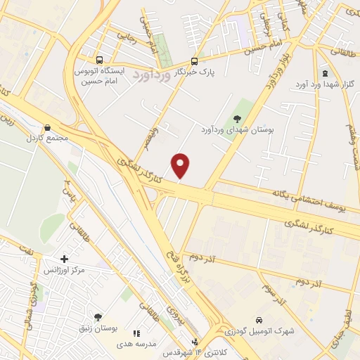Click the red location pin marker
(181, 166)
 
